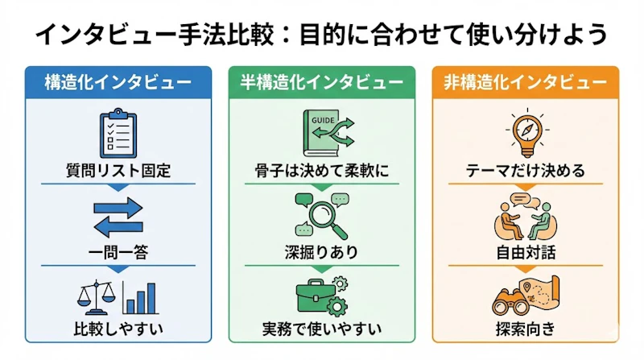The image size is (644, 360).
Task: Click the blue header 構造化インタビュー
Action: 118,83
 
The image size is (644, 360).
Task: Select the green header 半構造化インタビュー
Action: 321,83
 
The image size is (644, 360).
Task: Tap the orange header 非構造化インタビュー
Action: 526,83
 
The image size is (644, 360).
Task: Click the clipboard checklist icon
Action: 118,133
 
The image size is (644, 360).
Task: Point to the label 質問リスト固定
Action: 118,171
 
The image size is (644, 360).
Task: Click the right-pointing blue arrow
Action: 118,208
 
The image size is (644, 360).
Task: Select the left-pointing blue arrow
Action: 118,227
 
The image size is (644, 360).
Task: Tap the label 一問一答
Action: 118,252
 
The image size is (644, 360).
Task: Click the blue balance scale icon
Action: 97,297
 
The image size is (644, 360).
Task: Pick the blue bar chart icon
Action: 140,298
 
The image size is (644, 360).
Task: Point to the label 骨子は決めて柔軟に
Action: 321,171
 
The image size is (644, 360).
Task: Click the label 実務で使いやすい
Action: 321,329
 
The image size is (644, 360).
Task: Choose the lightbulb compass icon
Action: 527,133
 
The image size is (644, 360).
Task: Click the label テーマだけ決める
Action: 526,171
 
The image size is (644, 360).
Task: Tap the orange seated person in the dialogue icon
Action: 509,222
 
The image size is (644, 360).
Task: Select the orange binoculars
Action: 510,304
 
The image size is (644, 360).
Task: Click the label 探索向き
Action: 526,329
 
